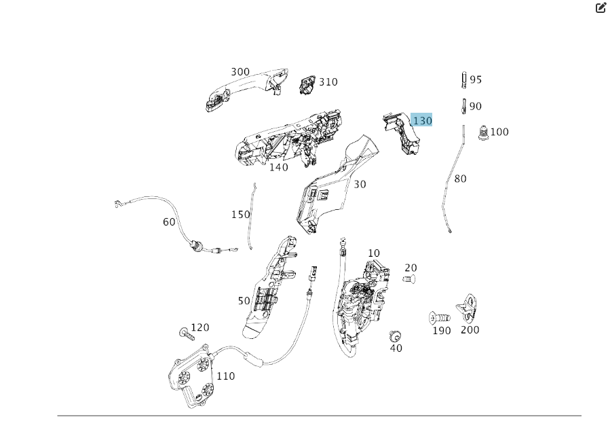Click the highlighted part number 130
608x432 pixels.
pyautogui.click(x=422, y=120)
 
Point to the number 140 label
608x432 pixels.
pyautogui.click(x=278, y=167)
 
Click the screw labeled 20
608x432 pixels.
pyautogui.click(x=408, y=279)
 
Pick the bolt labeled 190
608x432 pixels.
pyautogui.click(x=440, y=317)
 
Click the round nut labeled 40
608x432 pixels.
pyautogui.click(x=394, y=336)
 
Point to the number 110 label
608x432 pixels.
pyautogui.click(x=225, y=376)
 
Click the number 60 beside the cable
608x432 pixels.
pyautogui.click(x=169, y=221)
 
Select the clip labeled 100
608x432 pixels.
pyautogui.click(x=483, y=134)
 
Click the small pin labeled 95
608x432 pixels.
pyautogui.click(x=464, y=80)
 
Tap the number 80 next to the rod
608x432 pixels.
pyautogui.click(x=460, y=179)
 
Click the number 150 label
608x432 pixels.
pyautogui.click(x=240, y=214)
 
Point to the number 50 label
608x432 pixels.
pyautogui.click(x=244, y=300)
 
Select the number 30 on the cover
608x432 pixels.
pyautogui.click(x=360, y=184)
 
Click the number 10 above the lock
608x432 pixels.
pyautogui.click(x=374, y=253)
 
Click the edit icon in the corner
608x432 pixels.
pyautogui.click(x=600, y=8)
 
